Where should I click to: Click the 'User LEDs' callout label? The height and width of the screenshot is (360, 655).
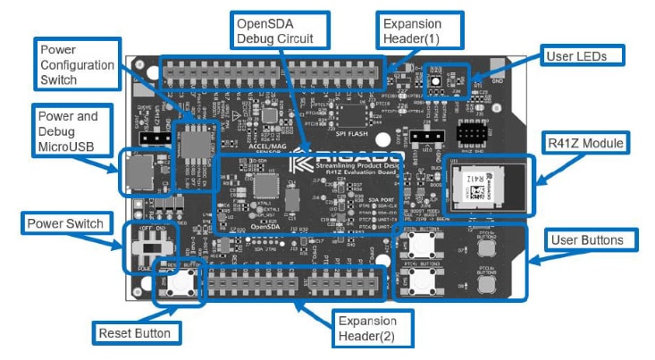coord(582,55)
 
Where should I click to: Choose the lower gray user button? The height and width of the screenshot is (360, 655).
coord(488,283)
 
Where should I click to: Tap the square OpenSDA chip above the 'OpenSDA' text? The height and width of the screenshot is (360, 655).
coord(266,186)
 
